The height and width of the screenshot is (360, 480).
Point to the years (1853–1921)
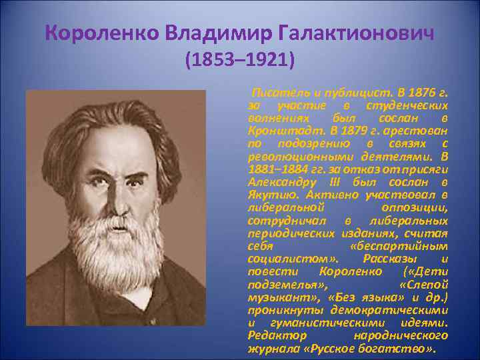click(239, 61)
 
